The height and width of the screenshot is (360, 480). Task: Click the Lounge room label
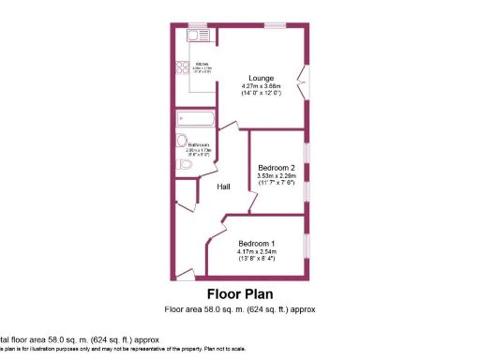click(x=261, y=78)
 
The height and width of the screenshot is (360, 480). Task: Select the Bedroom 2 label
click(x=276, y=169)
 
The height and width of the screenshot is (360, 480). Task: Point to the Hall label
click(x=225, y=187)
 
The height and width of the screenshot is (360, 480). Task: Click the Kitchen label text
click(x=202, y=64)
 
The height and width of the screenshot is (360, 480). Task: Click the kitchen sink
click(x=197, y=36)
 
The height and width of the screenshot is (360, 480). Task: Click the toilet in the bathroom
click(x=185, y=165)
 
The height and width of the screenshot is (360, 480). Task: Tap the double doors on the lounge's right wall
click(x=303, y=82)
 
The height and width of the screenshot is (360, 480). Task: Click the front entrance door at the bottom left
click(x=184, y=274)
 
